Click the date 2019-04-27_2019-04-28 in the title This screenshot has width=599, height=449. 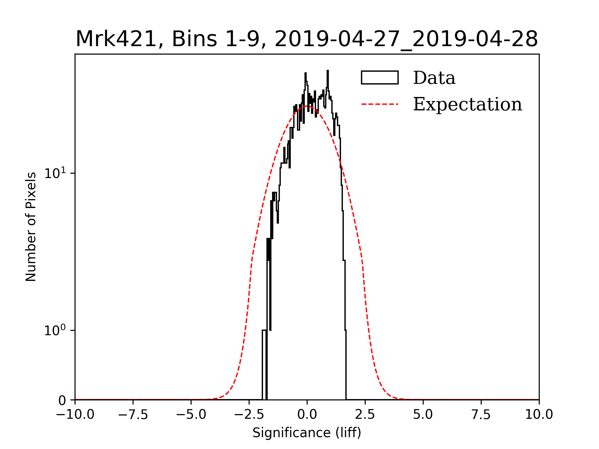tap(406, 39)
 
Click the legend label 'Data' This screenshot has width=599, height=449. tap(434, 78)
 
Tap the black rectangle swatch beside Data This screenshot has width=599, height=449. tap(380, 78)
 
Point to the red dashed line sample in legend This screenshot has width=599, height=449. tap(380, 104)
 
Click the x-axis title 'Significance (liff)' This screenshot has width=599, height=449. tap(307, 433)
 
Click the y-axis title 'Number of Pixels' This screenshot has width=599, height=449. tap(31, 227)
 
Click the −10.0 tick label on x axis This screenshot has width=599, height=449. tap(75, 415)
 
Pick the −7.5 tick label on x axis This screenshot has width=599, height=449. tap(133, 415)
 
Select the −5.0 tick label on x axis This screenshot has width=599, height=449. tap(191, 415)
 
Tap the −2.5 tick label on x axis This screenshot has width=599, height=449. tap(249, 415)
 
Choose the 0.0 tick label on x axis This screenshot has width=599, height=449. tap(307, 415)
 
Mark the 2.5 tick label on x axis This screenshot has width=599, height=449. tap(365, 415)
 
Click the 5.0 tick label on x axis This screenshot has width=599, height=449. tap(423, 415)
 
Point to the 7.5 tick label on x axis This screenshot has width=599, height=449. tap(481, 415)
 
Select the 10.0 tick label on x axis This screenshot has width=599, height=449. tap(539, 415)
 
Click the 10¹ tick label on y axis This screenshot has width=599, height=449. tap(55, 173)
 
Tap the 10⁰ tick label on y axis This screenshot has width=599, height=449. tap(55, 331)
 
